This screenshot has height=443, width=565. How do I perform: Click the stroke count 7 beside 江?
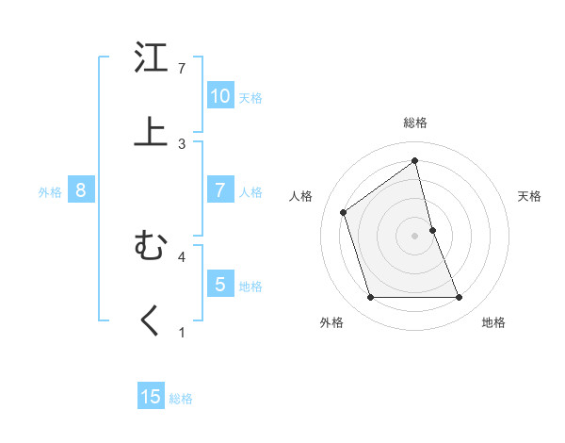point(182,69)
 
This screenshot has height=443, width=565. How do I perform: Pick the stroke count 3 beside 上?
point(182,143)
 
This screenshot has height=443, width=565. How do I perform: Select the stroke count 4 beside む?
point(182,255)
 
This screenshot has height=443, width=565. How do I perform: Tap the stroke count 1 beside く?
point(182,332)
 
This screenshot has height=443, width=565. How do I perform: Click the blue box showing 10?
point(219,96)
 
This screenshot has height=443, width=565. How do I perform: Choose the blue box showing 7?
point(219,190)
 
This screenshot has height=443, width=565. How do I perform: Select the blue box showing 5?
point(219,284)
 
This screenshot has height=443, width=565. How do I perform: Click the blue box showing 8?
point(81,190)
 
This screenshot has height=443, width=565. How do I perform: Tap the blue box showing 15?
point(151,397)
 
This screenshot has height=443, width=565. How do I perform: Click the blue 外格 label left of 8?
point(50,192)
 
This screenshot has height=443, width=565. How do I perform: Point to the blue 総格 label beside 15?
point(181,399)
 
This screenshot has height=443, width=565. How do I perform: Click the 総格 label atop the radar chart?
point(415,123)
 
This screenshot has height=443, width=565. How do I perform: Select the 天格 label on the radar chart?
point(529,196)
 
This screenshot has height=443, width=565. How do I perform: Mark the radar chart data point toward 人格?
point(344,212)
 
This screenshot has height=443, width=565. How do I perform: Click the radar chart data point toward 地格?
point(459,298)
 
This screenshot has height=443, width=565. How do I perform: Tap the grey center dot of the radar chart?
point(414,235)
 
